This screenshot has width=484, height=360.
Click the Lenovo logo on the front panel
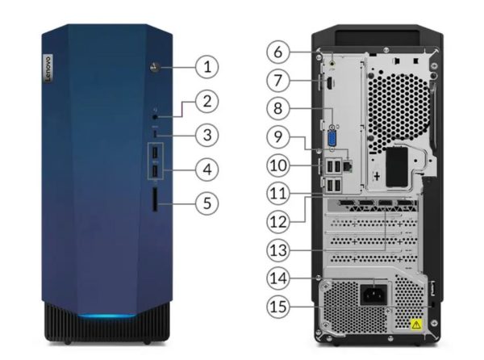click(48, 69)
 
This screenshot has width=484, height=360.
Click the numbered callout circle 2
click(207, 101)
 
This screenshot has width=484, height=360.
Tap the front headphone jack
click(155, 117)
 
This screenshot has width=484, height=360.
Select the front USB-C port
click(155, 133)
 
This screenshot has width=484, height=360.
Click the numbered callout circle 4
click(207, 170)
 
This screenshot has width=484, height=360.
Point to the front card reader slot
click(155, 200)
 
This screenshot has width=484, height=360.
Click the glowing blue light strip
click(106, 316)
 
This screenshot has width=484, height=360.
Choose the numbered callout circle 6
click(277, 52)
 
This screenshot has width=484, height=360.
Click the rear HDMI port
click(329, 83)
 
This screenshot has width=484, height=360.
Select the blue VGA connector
click(332, 139)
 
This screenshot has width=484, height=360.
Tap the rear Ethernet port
click(348, 165)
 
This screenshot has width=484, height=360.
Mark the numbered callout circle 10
click(277, 165)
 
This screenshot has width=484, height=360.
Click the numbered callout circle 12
click(277, 222)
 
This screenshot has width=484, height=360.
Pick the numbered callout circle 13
click(277, 250)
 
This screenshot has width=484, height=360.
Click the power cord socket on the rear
click(373, 295)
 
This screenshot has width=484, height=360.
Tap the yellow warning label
click(416, 324)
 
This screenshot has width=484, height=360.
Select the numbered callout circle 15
click(277, 307)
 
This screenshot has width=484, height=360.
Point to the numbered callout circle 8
click(277, 108)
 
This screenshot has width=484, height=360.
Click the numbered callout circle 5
click(207, 203)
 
